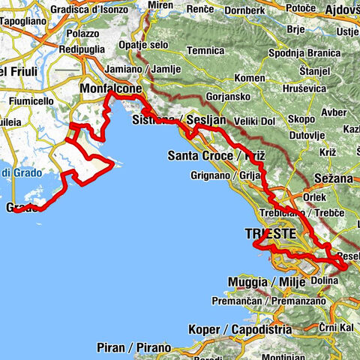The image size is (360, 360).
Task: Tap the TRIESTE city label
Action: pos(271,234)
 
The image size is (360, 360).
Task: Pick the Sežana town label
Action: pos(329,178)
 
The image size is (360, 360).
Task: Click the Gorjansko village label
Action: pos(223,98)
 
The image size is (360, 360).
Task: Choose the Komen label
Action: pos(247,78)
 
